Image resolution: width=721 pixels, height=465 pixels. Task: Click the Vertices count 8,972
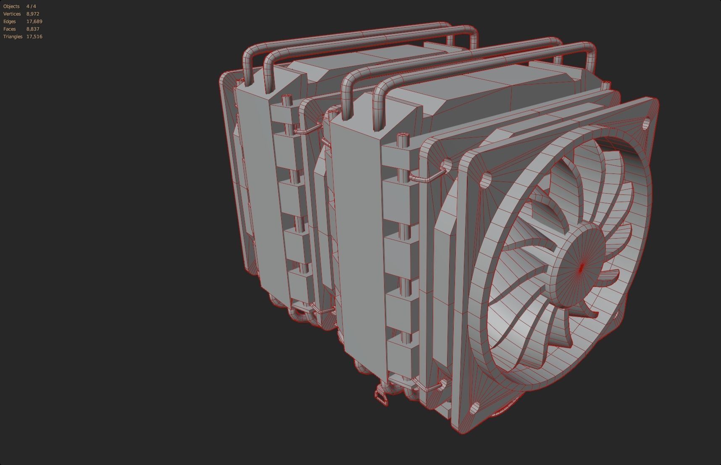pos(33,14)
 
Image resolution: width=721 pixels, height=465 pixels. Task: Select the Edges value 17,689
pos(34,21)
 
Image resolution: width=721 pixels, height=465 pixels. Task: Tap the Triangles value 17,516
pos(34,37)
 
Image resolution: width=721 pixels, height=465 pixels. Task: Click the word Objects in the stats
pos(11,6)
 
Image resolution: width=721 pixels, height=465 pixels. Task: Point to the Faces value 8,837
pos(33,29)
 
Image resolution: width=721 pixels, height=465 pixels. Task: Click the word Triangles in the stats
pos(13,37)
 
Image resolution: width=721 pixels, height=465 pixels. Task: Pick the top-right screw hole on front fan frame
pos(647,123)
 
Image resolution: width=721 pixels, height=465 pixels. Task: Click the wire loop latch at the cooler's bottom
pos(382,397)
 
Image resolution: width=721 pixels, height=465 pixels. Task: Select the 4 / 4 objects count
pos(31,6)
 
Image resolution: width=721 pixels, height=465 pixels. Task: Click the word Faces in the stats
pos(10,29)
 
